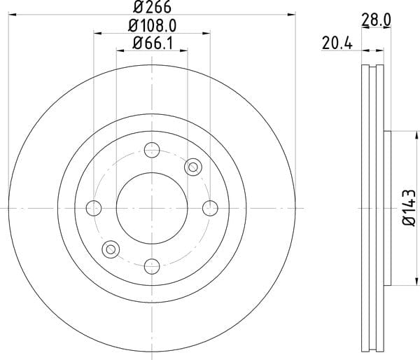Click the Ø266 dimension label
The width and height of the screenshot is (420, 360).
(x=152, y=7)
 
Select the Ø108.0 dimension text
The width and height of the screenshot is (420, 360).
(x=152, y=26)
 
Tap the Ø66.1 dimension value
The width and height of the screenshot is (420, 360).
(x=153, y=43)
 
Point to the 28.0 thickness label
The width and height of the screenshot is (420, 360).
(x=376, y=20)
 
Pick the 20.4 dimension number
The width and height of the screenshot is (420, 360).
(x=337, y=43)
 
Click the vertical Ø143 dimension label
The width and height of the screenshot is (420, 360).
(x=409, y=207)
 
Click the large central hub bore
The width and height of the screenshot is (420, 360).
(x=152, y=208)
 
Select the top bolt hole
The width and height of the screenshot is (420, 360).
(x=152, y=150)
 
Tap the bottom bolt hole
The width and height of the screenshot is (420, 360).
(x=152, y=266)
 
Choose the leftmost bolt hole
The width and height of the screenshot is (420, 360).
(x=94, y=208)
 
